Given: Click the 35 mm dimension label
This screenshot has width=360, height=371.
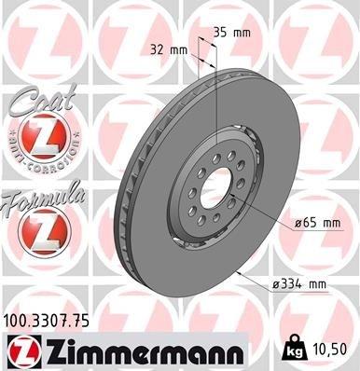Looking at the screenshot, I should [x=231, y=32].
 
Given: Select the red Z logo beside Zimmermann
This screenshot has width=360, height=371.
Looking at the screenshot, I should [x=21, y=352].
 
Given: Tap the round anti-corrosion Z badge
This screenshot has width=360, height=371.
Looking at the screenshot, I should [x=36, y=139].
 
